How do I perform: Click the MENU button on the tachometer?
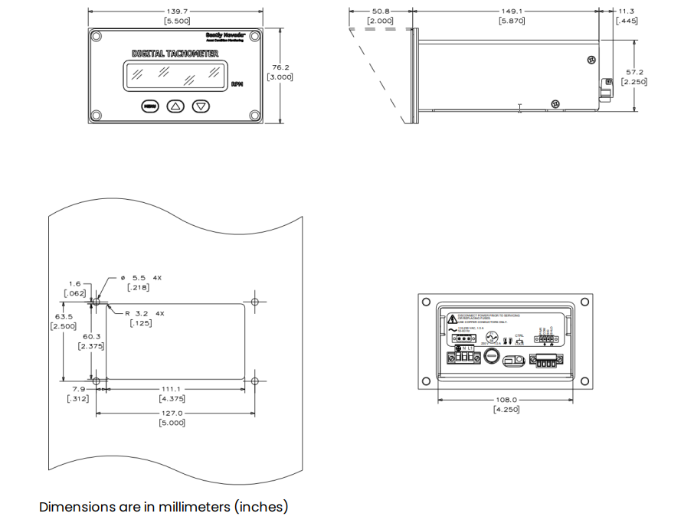[x=149, y=106]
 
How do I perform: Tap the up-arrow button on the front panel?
[x=175, y=106]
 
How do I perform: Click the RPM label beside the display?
[x=237, y=85]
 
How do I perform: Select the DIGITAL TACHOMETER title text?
[x=175, y=54]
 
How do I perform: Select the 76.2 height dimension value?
[x=280, y=67]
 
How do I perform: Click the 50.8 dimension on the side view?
[x=381, y=11]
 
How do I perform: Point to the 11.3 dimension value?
[x=627, y=11]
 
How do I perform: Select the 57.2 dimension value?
[x=634, y=72]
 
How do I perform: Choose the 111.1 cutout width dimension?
[x=172, y=389]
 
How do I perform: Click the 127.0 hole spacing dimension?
[x=172, y=413]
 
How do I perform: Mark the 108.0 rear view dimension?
[x=506, y=400]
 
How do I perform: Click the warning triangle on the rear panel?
[x=452, y=318]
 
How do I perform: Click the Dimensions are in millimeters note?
[x=163, y=507]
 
